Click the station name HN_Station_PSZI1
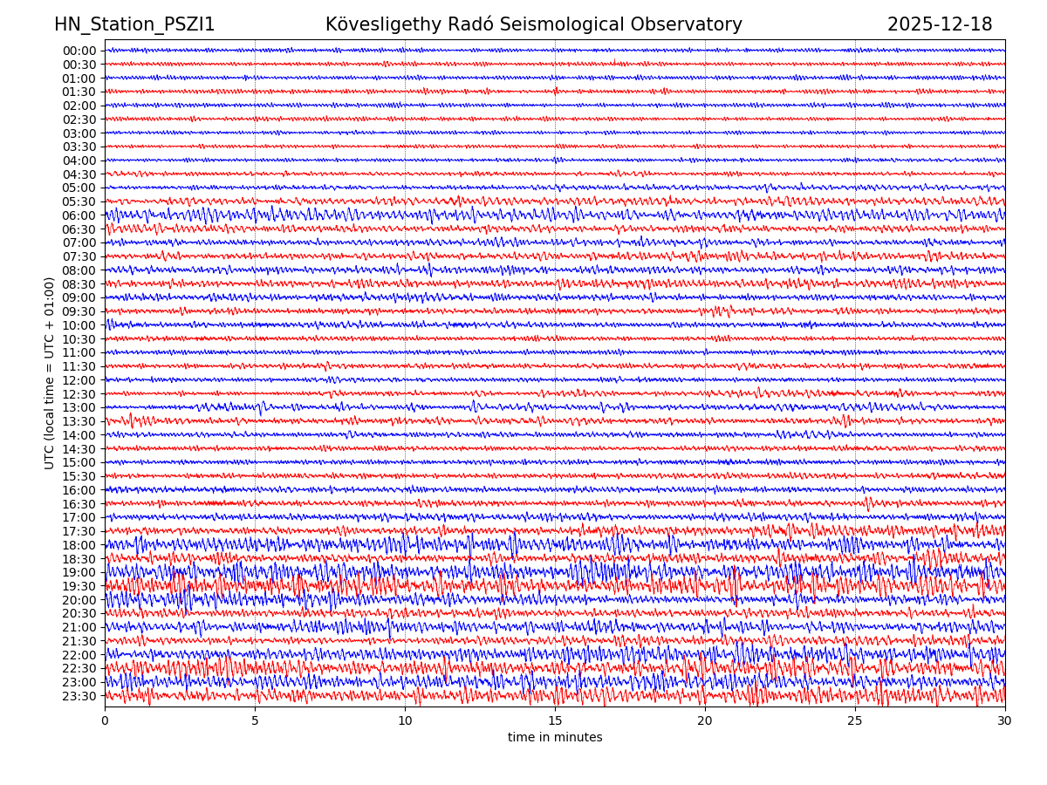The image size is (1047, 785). [x=134, y=25]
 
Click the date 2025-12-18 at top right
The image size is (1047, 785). [x=940, y=25]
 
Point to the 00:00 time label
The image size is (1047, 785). [x=79, y=51]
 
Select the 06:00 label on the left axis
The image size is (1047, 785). [x=79, y=215]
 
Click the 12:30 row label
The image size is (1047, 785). [x=79, y=394]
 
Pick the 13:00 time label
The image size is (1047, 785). [x=79, y=408]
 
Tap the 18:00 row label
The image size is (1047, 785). [x=79, y=545]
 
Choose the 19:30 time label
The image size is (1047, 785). [x=79, y=586]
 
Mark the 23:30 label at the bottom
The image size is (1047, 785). [x=79, y=696]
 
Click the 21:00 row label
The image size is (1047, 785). [x=79, y=627]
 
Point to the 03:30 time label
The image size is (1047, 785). [x=79, y=147]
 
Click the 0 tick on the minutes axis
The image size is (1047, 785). [x=105, y=721]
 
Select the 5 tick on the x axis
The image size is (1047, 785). [x=255, y=721]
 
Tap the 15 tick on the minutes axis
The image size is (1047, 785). [x=555, y=721]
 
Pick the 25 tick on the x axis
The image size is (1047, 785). [x=855, y=721]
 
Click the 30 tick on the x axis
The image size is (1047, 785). [x=1005, y=721]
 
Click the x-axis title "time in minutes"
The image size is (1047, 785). [x=555, y=738]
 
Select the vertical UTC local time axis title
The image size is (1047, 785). [x=50, y=373]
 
